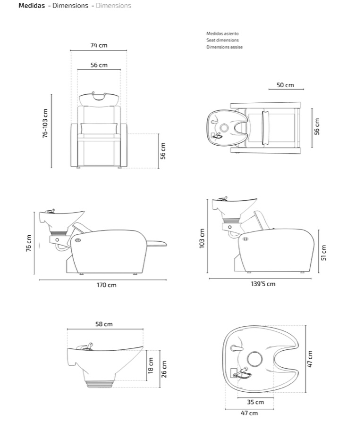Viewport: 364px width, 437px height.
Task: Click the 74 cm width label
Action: [x=99, y=45]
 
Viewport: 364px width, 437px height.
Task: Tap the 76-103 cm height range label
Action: [x=45, y=123]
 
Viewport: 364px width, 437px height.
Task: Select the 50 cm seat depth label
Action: [x=285, y=85]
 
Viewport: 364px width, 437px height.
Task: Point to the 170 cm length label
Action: [x=107, y=285]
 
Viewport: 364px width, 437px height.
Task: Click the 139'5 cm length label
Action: [x=263, y=284]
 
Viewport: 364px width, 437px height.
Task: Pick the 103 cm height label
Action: [x=202, y=238]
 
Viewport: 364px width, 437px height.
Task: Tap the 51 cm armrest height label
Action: [x=323, y=253]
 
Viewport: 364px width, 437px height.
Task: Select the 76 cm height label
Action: [x=28, y=243]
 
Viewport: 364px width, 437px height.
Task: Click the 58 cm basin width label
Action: [x=104, y=324]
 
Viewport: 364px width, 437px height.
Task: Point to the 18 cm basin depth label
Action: [x=151, y=366]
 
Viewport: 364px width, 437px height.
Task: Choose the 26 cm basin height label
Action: [x=164, y=369]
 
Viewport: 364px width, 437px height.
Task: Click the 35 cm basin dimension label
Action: [x=255, y=402]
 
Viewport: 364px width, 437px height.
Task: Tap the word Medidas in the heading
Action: [x=32, y=6]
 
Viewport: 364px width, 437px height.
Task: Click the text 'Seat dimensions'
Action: [x=222, y=40]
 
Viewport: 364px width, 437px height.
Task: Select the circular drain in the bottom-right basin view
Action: [x=255, y=359]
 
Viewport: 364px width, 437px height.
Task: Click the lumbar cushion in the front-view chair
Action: [x=99, y=129]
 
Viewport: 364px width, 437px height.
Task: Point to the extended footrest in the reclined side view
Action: [x=156, y=244]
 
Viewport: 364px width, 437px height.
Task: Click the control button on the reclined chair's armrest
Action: [x=77, y=240]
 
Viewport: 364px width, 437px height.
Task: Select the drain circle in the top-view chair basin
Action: [x=224, y=128]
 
